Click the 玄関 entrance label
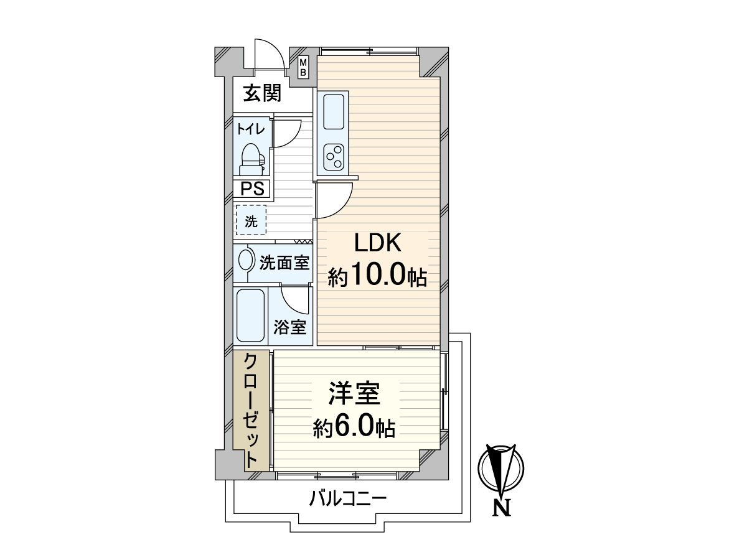pos(262,93)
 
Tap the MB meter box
pos(303,67)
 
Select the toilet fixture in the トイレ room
pos(252,159)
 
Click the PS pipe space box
pos(252,189)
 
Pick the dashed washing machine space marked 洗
pos(251,220)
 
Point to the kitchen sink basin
pos(334,112)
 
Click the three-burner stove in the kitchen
pos(334,157)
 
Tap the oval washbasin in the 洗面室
pos(245,261)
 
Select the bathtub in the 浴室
pos(250,315)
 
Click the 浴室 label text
pos(289,327)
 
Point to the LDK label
pos(378,243)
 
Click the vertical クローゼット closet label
pos(251,411)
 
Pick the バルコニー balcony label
pos(348,499)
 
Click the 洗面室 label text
pos(284,263)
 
